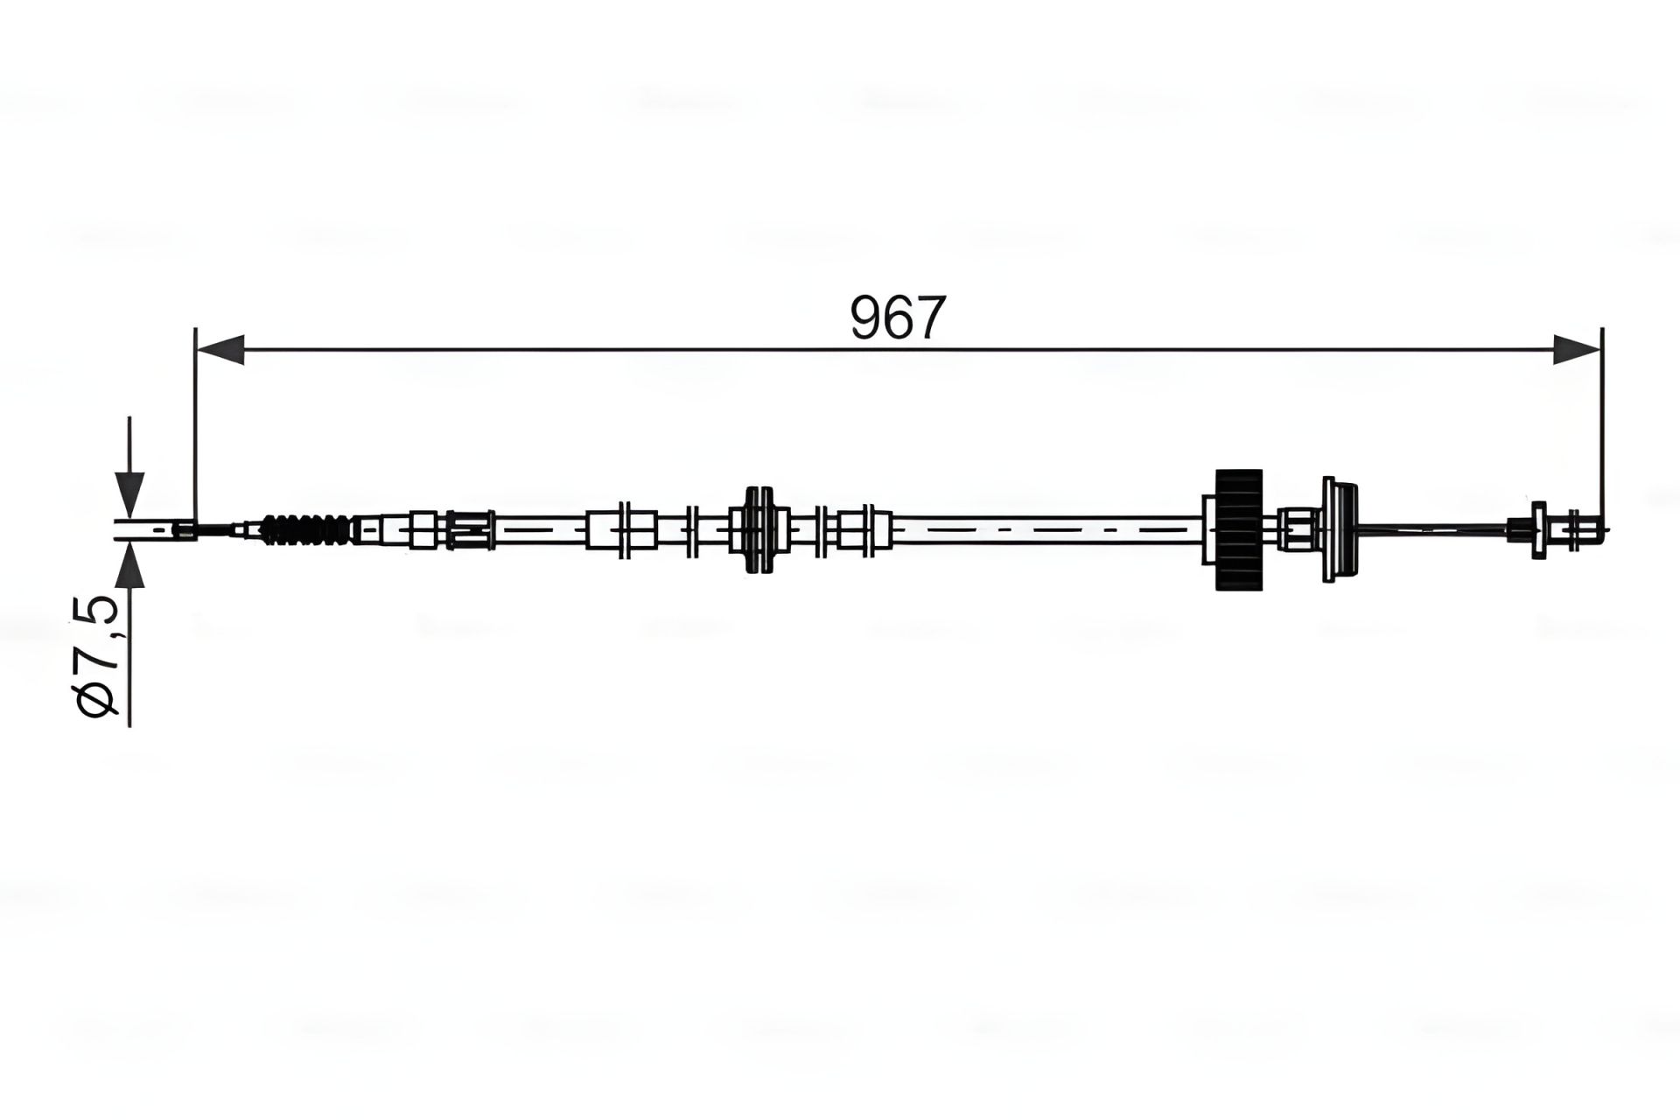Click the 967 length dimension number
898,318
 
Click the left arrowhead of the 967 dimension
220,348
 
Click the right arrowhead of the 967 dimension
1577,348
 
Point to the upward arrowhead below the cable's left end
129,565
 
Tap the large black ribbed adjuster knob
1239,528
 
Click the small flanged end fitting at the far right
1537,528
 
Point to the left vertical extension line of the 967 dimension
195,420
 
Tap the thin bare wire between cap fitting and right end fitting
1435,528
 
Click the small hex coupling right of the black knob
1295,529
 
